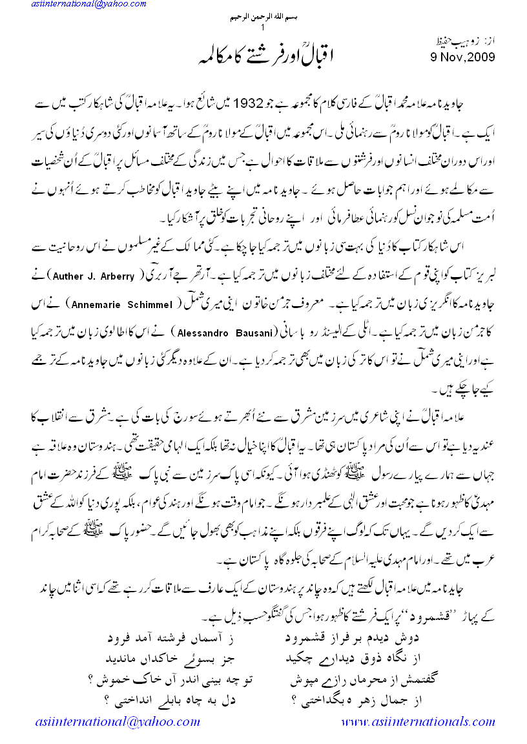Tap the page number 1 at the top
[263, 28]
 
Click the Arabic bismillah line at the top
[263, 18]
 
